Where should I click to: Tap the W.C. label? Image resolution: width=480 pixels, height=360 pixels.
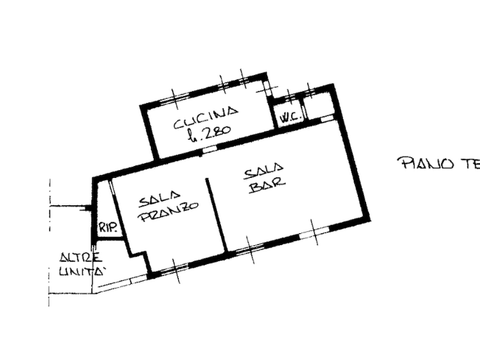coord(284,115)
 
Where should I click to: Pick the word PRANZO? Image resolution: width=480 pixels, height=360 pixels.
coord(170,213)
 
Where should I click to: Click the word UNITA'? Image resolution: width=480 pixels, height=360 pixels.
coord(81,272)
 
